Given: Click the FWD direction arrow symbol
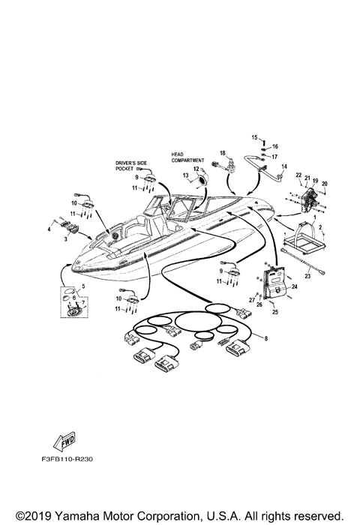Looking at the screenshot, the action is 64,441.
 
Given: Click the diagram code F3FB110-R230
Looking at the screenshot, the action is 67,459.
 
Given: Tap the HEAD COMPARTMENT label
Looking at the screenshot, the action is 187,157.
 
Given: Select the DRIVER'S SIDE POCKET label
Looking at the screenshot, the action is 131,166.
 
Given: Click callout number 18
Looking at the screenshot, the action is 223,153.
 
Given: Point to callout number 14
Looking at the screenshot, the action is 284,166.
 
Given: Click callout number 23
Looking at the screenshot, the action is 307,276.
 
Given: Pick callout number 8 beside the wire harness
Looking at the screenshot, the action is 266,338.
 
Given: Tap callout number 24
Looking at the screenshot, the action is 294,286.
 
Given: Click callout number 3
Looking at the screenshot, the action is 66,239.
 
